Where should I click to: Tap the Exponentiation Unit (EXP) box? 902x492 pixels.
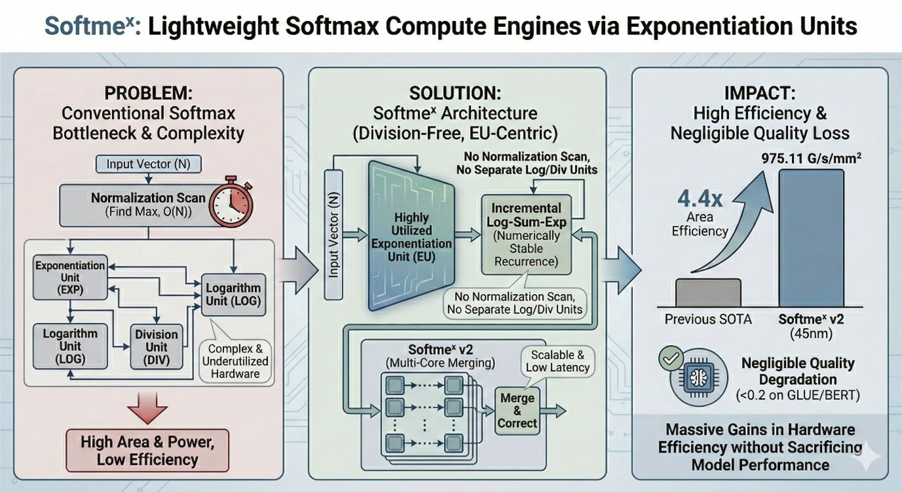coord(70,277)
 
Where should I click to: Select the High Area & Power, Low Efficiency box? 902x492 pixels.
coord(147,451)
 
